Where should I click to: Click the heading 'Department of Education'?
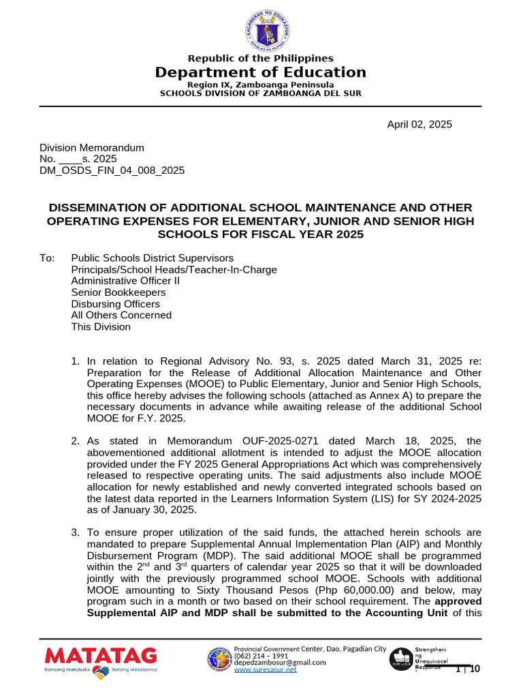[261, 72]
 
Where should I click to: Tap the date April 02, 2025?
[419, 124]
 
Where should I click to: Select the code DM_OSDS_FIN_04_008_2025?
[112, 170]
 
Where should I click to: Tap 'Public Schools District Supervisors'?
[152, 258]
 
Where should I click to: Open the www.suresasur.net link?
[265, 670]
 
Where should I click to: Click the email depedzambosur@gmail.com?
[281, 663]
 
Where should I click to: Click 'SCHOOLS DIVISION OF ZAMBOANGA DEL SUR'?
[261, 93]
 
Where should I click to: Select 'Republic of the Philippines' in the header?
[261, 59]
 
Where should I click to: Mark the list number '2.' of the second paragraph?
[76, 441]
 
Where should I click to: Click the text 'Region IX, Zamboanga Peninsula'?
[261, 85]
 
